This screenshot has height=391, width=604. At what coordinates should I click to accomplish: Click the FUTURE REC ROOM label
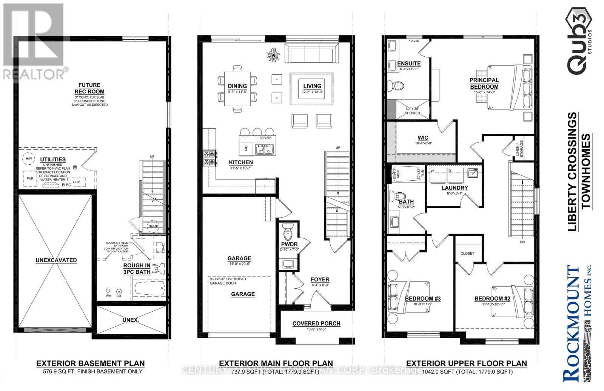[x=89, y=88]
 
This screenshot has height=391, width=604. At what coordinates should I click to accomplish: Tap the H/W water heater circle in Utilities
[x=29, y=159]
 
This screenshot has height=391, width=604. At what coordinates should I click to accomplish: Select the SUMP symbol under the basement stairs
[x=153, y=227]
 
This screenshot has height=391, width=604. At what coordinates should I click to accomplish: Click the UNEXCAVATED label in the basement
[x=56, y=260]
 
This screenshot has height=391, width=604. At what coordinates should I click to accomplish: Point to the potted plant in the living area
[x=273, y=55]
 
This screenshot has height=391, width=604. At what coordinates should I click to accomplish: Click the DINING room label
[x=237, y=86]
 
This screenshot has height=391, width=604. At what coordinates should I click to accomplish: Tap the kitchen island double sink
[x=264, y=150]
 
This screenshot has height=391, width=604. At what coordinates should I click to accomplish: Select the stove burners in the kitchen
[x=210, y=158]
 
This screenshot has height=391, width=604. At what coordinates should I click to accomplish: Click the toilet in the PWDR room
[x=288, y=229]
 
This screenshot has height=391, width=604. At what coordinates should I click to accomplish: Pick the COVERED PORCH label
[x=316, y=323]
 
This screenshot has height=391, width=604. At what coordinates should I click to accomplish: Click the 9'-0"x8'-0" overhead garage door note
[x=228, y=281]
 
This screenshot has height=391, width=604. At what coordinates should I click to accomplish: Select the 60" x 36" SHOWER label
[x=412, y=111]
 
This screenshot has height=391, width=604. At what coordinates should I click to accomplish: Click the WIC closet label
[x=423, y=138]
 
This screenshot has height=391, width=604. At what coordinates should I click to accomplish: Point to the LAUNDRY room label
[x=455, y=188]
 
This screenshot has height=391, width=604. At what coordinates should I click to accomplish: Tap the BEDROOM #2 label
[x=492, y=298]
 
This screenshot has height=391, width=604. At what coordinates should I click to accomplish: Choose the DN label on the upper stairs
[x=522, y=242]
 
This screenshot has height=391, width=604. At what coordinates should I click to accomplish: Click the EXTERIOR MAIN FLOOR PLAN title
[x=276, y=363]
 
